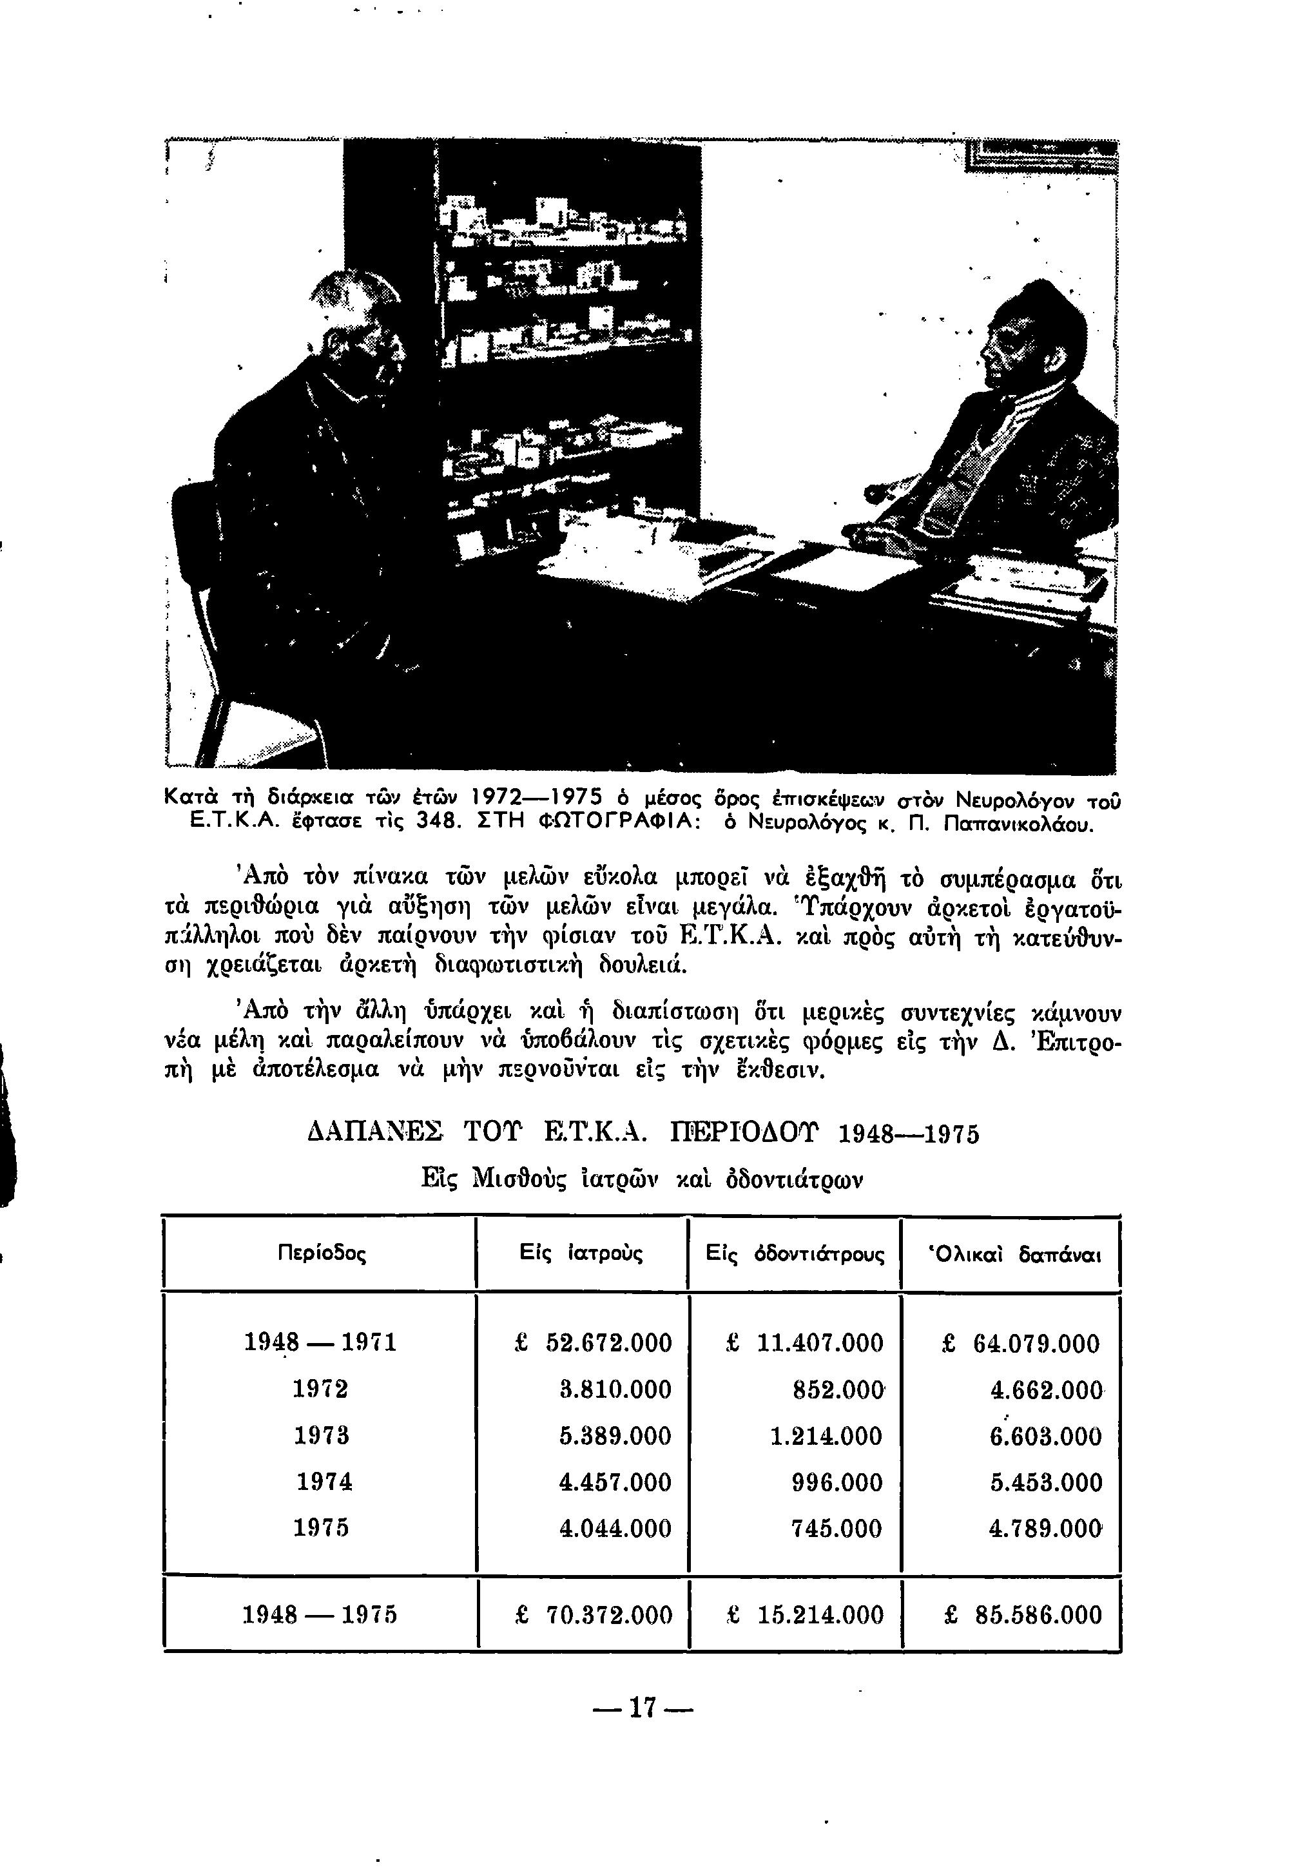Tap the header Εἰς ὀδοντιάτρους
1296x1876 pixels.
795,1254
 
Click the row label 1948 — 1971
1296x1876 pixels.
321,1342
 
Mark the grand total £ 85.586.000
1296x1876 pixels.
1023,1614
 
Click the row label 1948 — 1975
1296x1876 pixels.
321,1614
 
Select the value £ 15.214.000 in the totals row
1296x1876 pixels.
805,1614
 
